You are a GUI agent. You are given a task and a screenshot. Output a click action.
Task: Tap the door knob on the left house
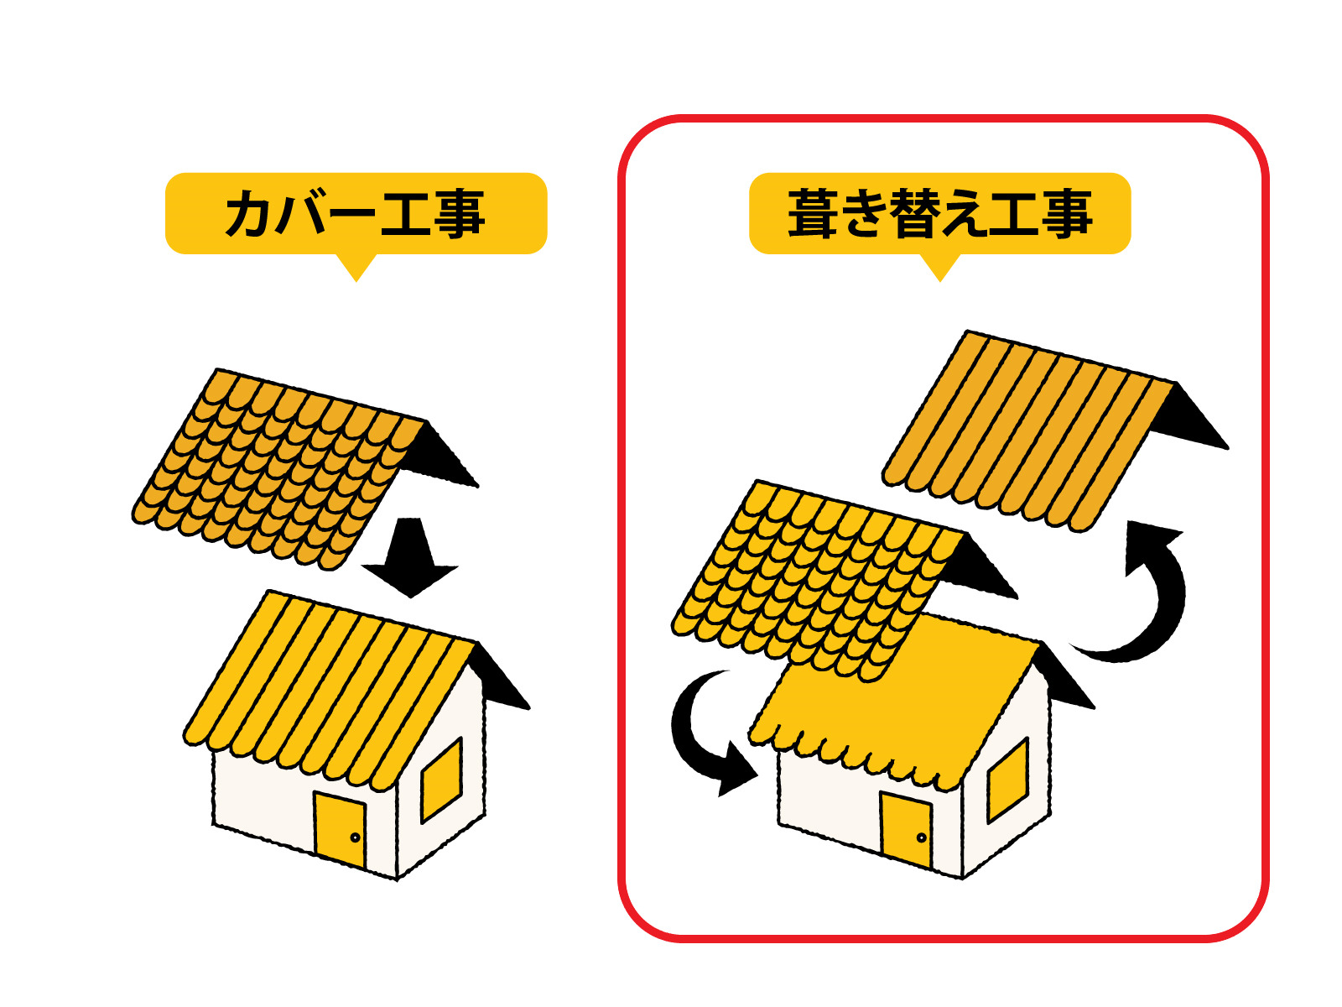(x=355, y=837)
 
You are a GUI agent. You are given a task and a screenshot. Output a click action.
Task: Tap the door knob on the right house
(x=921, y=837)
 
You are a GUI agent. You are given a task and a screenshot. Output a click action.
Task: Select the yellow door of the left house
(x=340, y=829)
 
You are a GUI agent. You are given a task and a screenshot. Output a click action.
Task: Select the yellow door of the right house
(x=906, y=829)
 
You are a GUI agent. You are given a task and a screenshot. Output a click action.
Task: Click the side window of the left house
(x=441, y=780)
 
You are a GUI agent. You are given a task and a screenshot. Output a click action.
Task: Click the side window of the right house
(x=1007, y=780)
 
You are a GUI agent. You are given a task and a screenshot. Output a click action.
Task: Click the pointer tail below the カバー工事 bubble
(x=356, y=267)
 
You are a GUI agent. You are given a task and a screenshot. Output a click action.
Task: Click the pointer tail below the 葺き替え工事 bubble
(x=939, y=267)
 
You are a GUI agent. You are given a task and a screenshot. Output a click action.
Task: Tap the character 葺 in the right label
(x=812, y=213)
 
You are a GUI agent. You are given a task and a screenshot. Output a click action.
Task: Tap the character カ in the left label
(x=249, y=213)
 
